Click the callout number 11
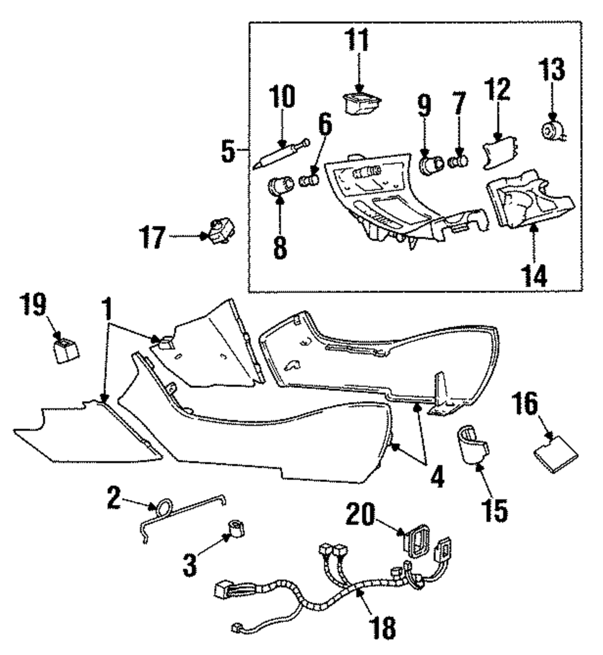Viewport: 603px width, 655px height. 358,40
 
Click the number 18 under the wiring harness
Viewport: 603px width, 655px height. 382,627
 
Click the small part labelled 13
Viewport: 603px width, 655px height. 552,130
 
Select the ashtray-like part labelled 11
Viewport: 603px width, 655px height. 361,103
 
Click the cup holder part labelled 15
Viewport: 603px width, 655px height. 472,445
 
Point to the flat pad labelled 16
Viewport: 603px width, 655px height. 556,454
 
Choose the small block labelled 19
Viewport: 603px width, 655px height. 66,350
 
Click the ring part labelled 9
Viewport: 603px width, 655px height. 431,165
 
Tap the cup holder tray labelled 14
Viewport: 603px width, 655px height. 529,200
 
